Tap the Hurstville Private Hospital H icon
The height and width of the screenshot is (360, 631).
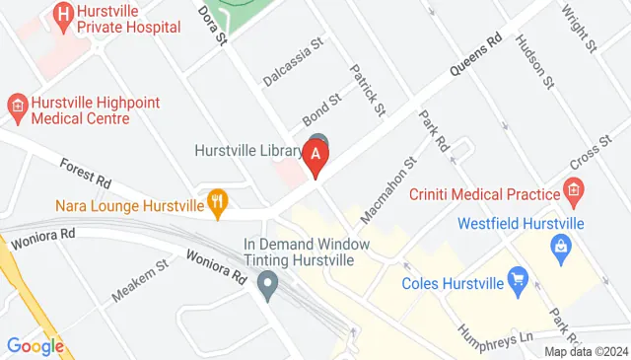pyautogui.click(x=64, y=14)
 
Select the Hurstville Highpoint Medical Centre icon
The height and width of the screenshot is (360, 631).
pyautogui.click(x=16, y=104)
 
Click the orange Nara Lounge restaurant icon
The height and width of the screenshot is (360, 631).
pyautogui.click(x=218, y=204)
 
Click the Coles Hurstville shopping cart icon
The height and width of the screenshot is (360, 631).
pyautogui.click(x=516, y=283)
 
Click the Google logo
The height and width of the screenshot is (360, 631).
pyautogui.click(x=35, y=345)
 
